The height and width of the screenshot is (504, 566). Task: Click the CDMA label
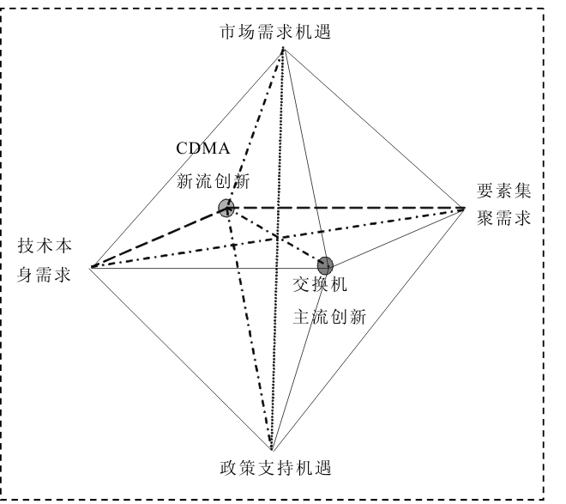[x=203, y=148]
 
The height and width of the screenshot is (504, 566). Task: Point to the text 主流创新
[x=330, y=316]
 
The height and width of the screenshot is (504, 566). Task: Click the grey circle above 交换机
[x=324, y=264]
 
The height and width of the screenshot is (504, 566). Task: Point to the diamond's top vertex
[x=282, y=50]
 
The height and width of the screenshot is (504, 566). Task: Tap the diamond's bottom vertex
[x=271, y=451]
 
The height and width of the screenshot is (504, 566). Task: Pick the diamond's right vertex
[x=464, y=207]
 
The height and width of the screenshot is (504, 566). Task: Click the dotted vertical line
[x=276, y=258]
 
